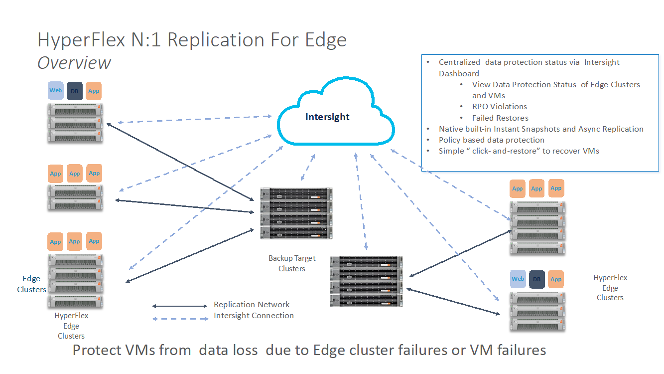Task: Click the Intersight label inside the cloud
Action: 327,117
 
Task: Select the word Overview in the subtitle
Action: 74,63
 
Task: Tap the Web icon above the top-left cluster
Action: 56,90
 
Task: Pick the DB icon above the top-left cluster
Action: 74,91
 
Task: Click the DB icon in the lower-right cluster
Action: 536,279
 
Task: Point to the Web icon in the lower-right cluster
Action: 518,279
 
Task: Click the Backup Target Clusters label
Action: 292,263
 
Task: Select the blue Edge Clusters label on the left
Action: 31,284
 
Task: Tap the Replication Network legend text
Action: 252,304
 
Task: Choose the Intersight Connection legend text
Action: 254,315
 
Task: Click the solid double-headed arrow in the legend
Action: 180,306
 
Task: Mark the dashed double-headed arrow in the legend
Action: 180,319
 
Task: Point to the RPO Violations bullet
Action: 500,106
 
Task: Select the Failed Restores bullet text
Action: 500,118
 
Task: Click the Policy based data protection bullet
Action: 491,140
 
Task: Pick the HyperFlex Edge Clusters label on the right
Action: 610,288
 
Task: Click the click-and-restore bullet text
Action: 519,151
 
